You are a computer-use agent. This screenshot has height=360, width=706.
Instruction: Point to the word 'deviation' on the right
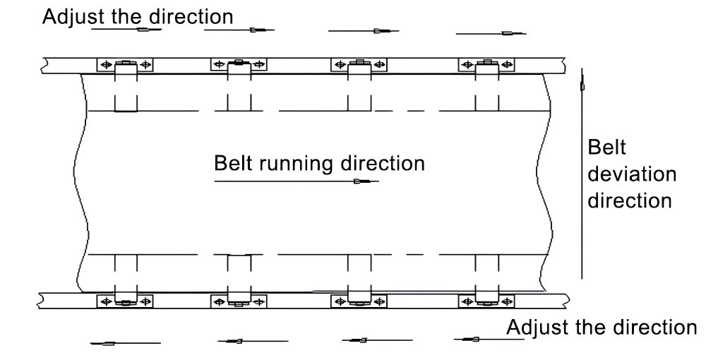[x=633, y=174]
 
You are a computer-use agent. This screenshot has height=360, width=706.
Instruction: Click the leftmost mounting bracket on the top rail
[x=126, y=65]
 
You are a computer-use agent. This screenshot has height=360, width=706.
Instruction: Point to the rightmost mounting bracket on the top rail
[x=486, y=65]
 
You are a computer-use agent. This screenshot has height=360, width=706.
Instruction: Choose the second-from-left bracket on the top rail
[x=239, y=65]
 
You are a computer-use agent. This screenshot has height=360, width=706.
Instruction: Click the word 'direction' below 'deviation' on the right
[x=630, y=200]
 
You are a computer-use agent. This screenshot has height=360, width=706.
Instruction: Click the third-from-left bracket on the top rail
[x=359, y=65]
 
